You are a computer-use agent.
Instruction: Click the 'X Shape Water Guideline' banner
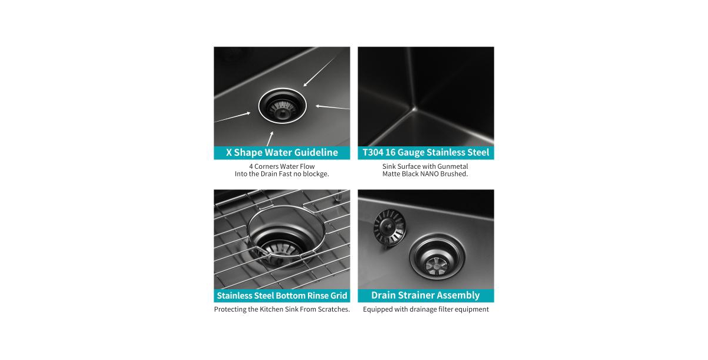281,152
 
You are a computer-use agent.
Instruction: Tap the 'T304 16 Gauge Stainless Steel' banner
425,152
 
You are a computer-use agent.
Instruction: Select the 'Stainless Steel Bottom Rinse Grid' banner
281,295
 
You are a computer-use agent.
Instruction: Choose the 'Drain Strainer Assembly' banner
425,295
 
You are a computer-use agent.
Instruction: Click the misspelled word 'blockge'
314,174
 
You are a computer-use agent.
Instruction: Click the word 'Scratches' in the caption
332,309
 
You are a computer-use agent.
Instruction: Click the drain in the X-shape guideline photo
282,106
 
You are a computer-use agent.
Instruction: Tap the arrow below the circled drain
270,139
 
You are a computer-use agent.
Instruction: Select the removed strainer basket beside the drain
389,227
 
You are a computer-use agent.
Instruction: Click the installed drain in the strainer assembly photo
437,257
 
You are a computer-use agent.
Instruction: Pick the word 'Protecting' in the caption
232,309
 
